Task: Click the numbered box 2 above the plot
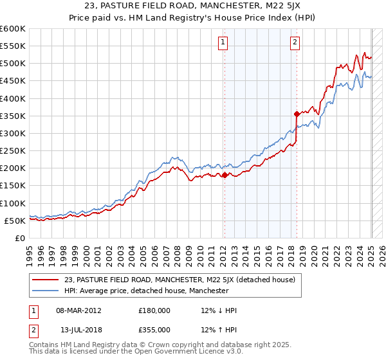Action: click(x=295, y=43)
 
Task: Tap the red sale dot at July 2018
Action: click(x=297, y=114)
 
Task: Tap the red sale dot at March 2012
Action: click(x=225, y=175)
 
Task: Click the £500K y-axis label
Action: click(x=13, y=64)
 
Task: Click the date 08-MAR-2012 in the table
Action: click(x=78, y=310)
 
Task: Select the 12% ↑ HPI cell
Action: click(x=219, y=330)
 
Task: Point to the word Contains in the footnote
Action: click(x=44, y=346)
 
